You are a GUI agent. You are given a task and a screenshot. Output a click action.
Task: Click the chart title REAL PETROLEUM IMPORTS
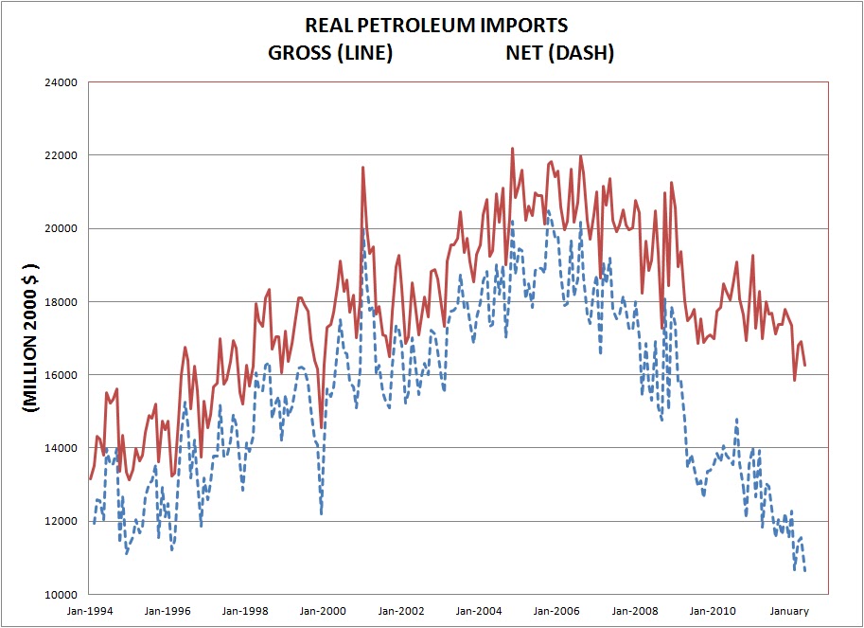[436, 25]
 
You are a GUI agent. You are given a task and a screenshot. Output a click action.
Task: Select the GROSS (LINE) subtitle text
[330, 53]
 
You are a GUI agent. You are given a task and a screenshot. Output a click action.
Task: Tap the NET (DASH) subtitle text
[559, 53]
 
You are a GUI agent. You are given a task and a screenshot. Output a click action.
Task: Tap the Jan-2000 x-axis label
[322, 611]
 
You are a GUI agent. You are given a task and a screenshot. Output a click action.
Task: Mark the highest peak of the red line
[512, 149]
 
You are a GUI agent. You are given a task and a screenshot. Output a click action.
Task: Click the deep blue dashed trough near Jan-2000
[322, 513]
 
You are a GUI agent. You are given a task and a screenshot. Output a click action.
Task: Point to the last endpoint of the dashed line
[805, 571]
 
